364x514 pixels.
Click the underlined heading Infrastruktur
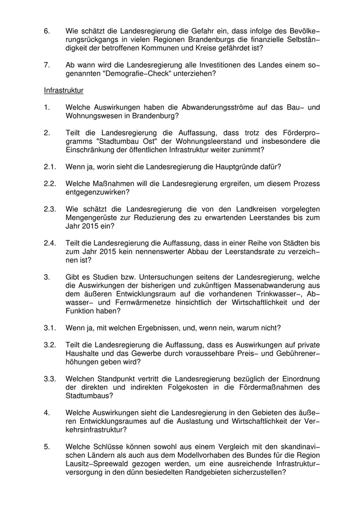point(63,90)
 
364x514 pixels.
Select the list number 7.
point(47,65)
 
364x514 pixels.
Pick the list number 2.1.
point(50,167)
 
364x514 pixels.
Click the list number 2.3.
point(50,209)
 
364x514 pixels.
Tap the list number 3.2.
point(50,345)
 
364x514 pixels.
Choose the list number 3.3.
point(50,378)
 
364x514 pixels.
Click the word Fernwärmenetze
point(123,302)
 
